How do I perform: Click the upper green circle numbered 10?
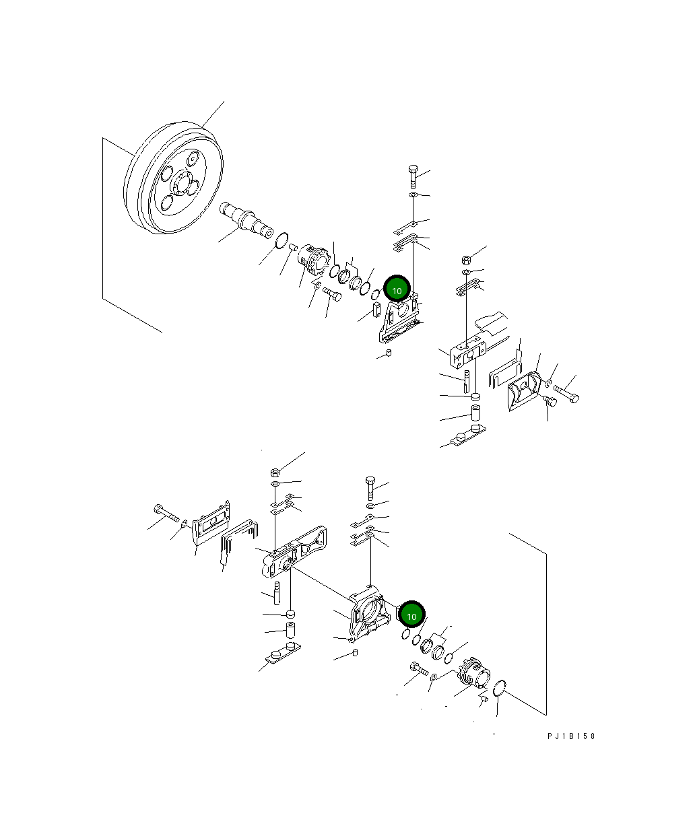(x=397, y=290)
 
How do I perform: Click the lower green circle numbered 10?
(x=411, y=615)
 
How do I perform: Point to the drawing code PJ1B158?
(x=571, y=736)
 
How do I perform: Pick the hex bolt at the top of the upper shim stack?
(x=412, y=176)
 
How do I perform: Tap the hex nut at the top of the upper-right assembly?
(x=466, y=260)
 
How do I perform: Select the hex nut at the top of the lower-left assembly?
(x=275, y=471)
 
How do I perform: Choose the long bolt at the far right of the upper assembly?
(x=566, y=393)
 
